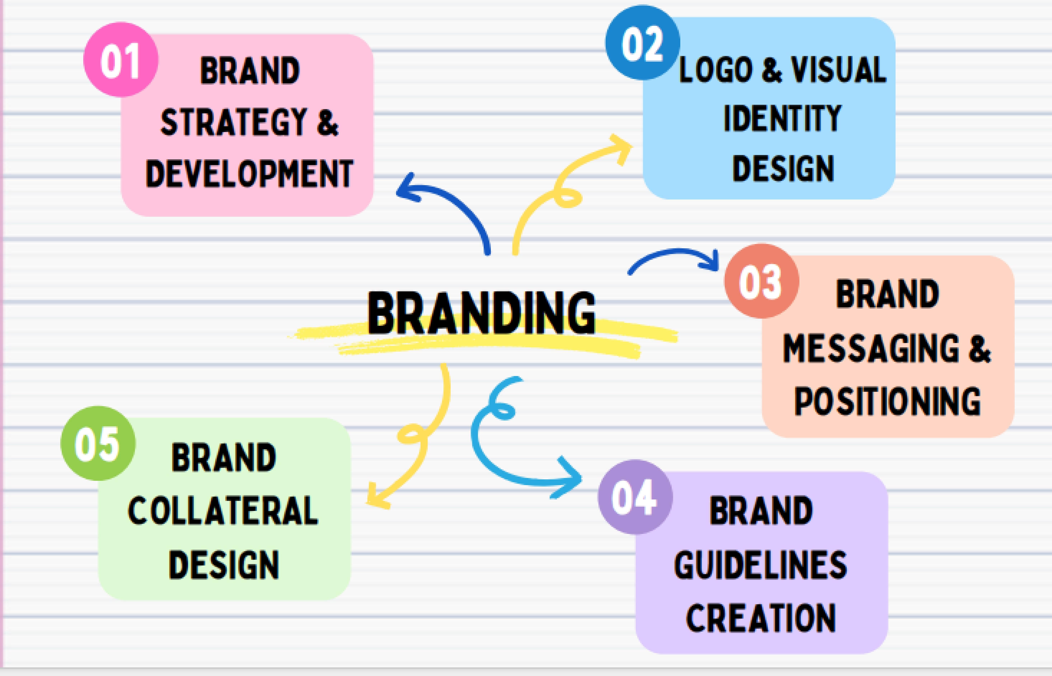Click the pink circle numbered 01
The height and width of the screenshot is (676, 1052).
121,60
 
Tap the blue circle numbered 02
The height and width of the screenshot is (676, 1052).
642,43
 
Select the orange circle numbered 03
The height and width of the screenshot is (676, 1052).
761,281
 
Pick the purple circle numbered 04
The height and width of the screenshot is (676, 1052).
635,497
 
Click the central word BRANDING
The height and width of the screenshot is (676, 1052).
482,313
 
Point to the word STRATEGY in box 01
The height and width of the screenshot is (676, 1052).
234,122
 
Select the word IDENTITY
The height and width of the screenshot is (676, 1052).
783,118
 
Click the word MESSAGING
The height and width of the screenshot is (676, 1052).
871,348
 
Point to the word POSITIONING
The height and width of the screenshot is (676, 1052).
887,401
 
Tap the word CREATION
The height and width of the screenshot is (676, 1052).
761,618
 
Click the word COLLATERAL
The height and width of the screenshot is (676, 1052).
223,511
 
